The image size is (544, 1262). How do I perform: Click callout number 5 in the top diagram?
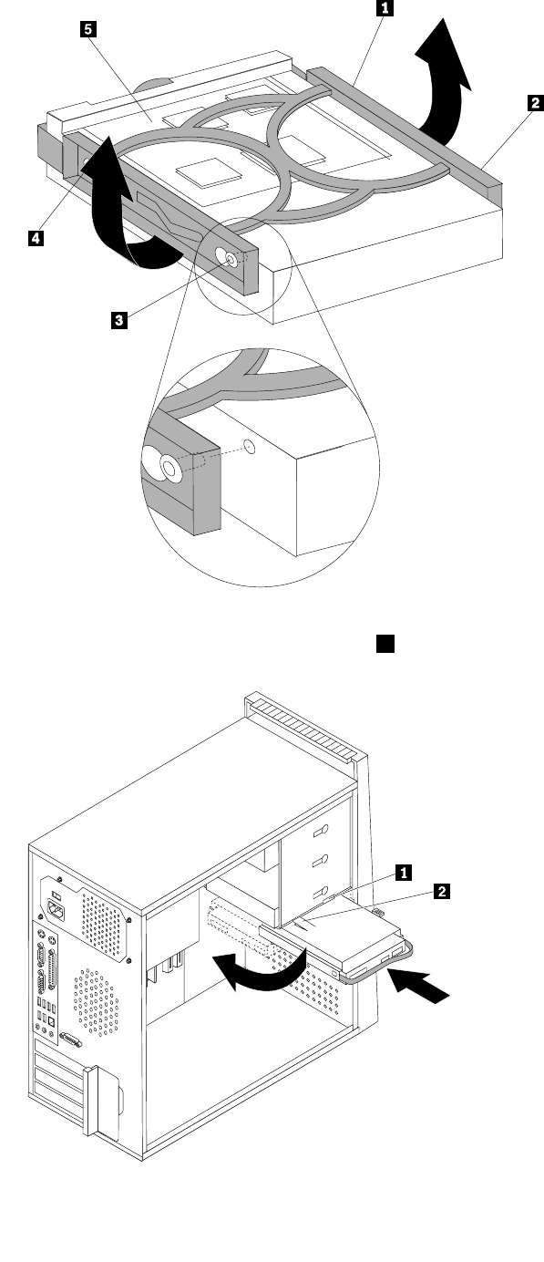87,29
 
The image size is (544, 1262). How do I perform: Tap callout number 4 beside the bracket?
36,238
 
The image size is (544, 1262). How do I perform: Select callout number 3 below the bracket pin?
118,321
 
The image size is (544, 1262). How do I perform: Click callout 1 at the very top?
385,8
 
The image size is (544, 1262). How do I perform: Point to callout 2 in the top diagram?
535,102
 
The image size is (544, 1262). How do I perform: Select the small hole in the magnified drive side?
250,447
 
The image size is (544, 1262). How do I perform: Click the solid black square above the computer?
385,644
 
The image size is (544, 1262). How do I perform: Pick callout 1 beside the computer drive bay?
403,873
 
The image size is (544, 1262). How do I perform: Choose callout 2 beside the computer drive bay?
442,891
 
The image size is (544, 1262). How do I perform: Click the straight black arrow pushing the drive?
419,984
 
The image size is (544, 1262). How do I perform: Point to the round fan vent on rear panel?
97,1002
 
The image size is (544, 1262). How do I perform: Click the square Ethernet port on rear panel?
50,1021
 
